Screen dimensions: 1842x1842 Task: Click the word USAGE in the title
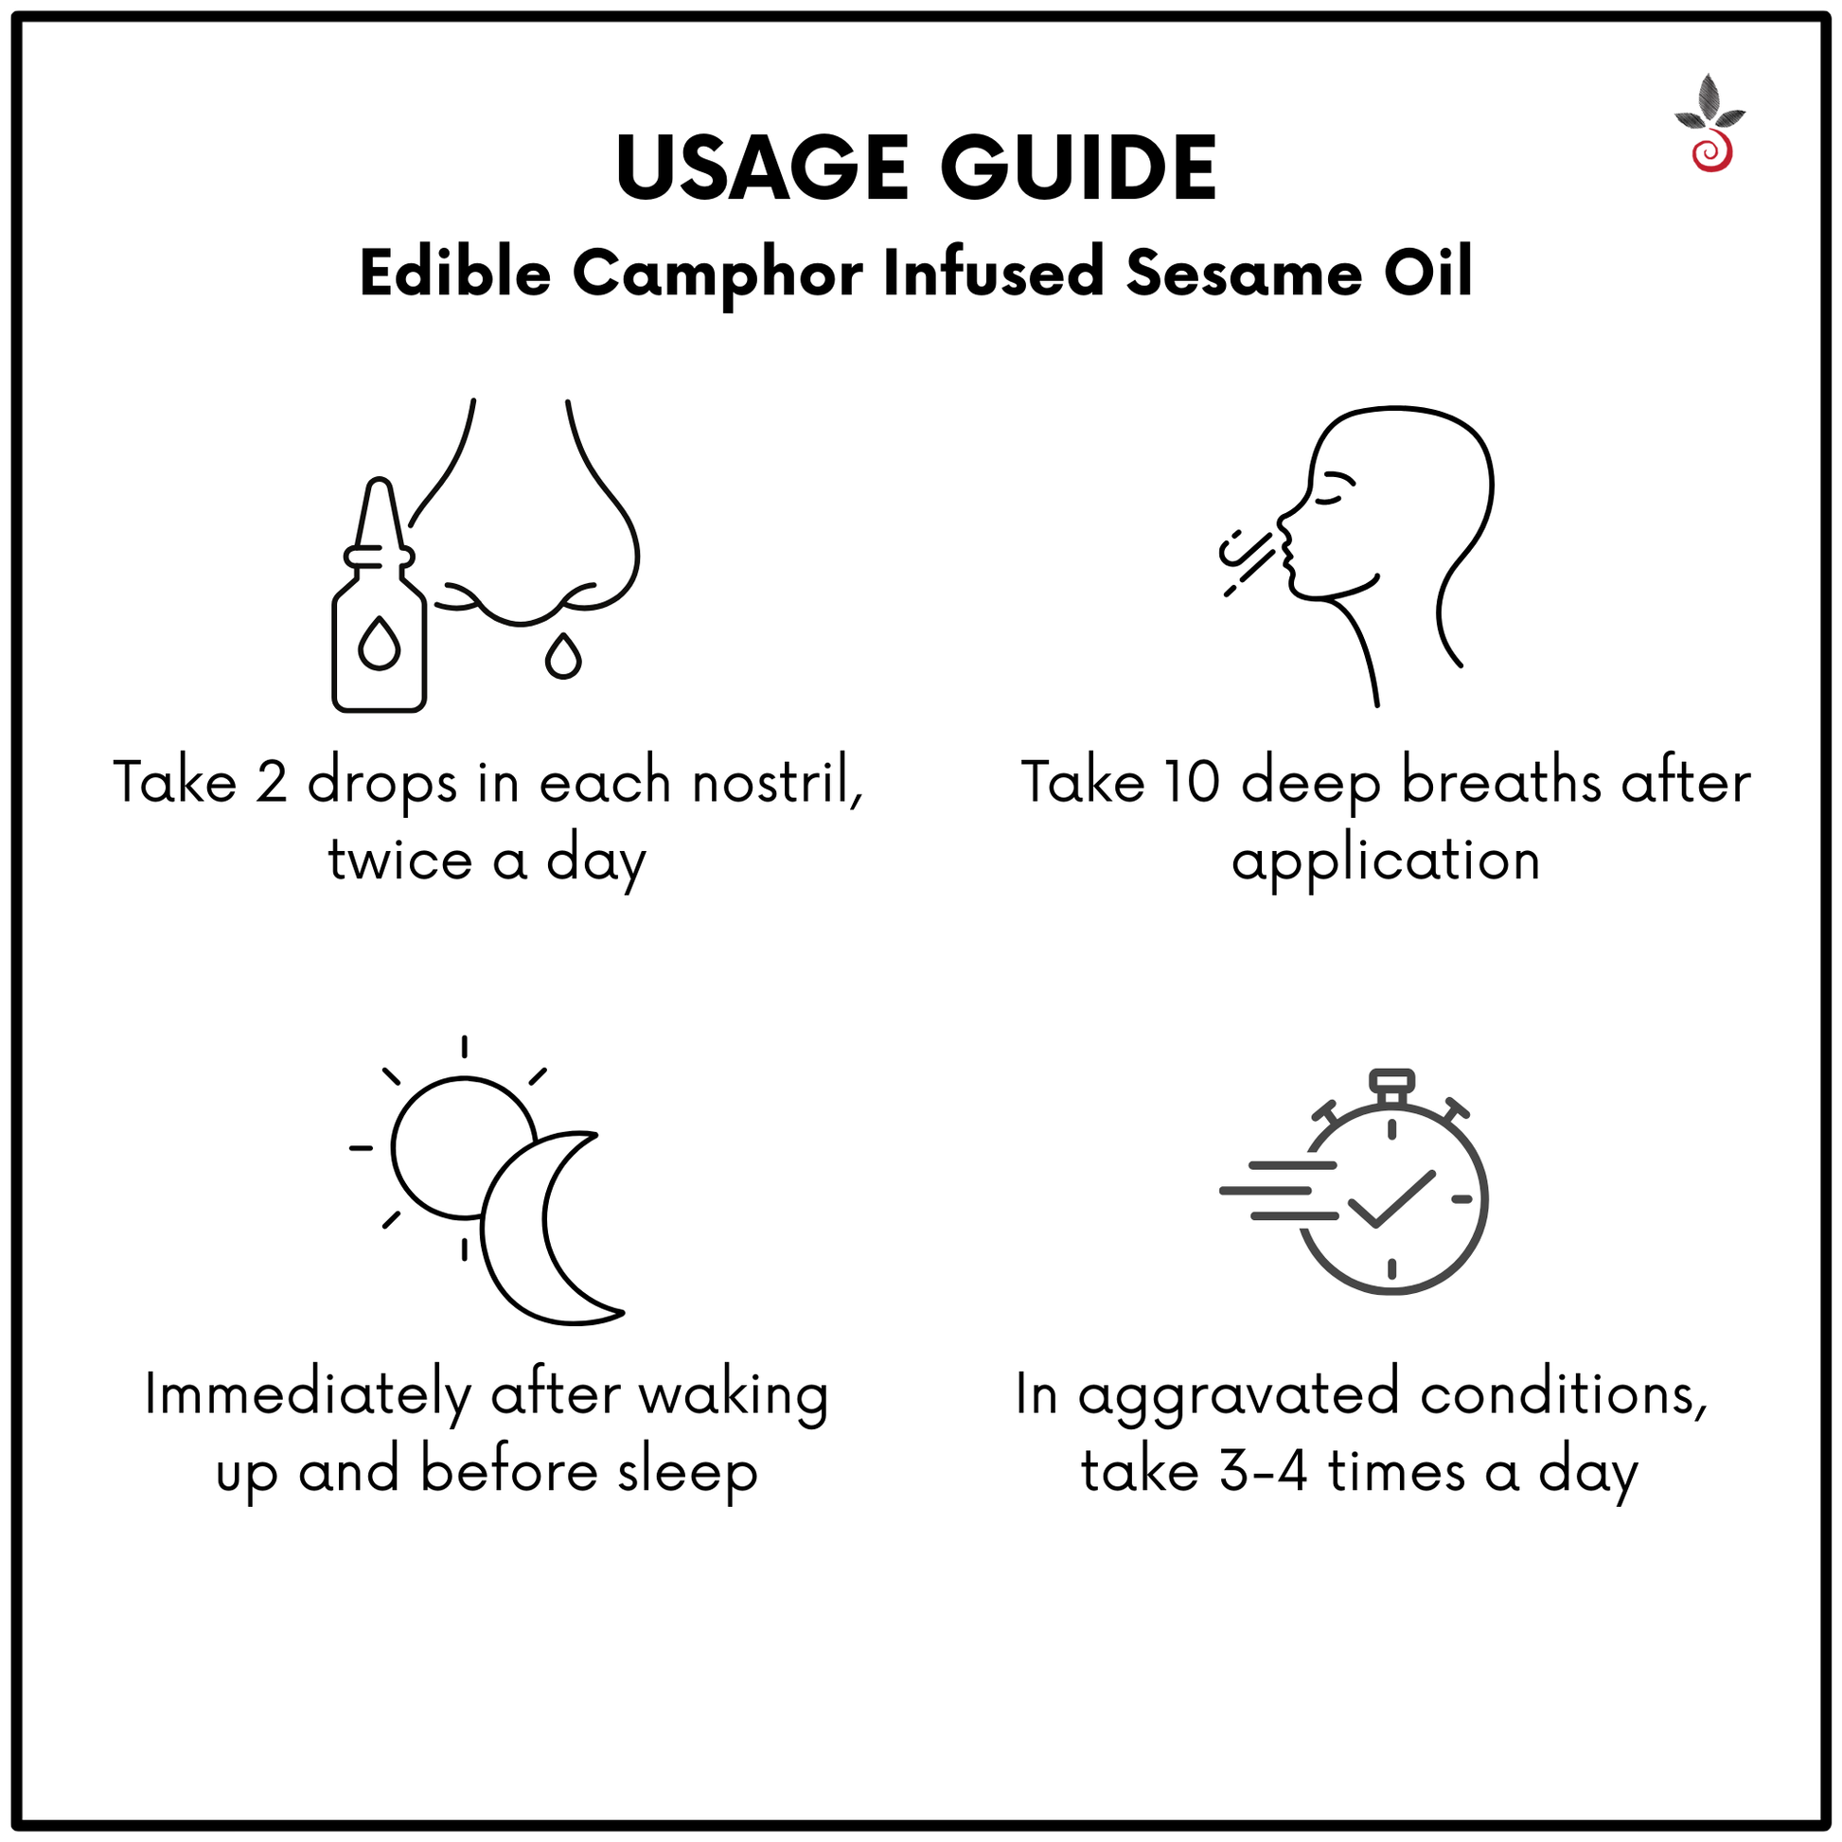pos(762,168)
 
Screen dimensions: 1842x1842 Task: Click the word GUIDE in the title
pos(1078,168)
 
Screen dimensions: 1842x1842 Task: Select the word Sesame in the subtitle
pos(1243,275)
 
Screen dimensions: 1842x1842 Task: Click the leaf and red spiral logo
pos(1710,124)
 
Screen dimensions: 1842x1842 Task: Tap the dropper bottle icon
pos(380,595)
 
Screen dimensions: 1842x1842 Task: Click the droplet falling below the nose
pos(563,656)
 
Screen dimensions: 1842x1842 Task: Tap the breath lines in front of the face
pos(1247,562)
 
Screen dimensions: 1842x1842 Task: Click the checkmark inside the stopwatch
pos(1392,1199)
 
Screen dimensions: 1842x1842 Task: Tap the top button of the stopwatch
pos(1392,1080)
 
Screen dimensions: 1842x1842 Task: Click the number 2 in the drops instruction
pos(272,783)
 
